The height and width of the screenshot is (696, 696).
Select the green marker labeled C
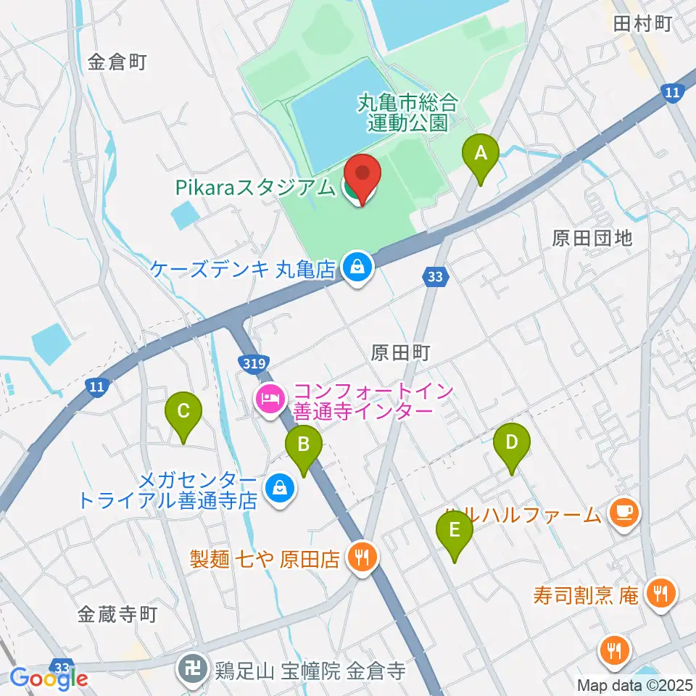[183, 413]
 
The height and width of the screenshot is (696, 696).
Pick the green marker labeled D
[512, 444]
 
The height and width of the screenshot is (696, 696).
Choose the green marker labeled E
[455, 531]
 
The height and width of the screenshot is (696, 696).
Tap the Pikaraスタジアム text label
[254, 187]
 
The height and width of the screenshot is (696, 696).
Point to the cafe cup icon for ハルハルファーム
[624, 513]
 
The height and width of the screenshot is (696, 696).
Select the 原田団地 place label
[592, 238]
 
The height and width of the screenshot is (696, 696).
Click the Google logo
[49, 679]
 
